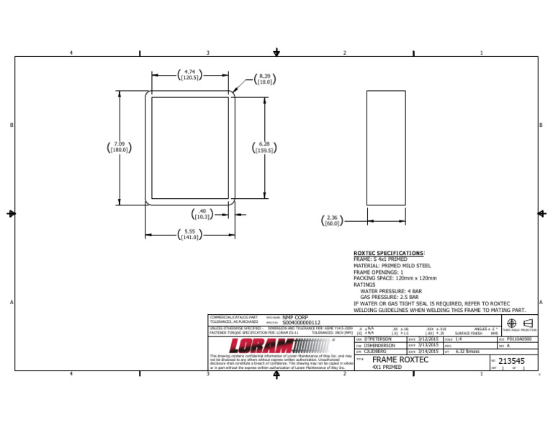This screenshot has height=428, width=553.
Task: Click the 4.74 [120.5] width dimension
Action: [x=190, y=75]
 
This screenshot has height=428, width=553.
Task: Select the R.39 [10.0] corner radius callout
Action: [x=264, y=80]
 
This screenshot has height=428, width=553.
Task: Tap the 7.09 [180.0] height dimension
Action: [x=119, y=147]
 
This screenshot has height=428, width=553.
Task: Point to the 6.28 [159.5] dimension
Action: [x=264, y=147]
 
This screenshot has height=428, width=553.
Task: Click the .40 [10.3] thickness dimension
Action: [x=202, y=214]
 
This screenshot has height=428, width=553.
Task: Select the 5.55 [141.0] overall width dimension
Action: [x=190, y=233]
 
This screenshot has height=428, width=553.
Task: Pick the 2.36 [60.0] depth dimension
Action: [x=332, y=220]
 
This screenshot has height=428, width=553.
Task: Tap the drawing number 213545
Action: [x=511, y=361]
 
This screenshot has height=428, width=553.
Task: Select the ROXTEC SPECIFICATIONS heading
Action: [x=389, y=254]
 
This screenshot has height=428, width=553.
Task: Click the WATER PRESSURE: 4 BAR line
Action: [x=388, y=290]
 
